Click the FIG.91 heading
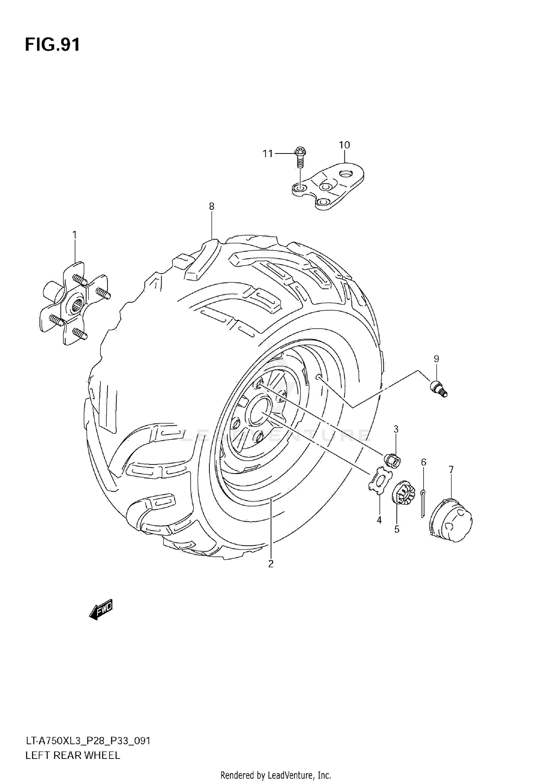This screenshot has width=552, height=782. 52,45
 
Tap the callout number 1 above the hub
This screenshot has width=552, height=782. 75,235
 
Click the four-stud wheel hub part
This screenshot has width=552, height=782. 74,304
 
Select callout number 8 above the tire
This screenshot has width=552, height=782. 212,206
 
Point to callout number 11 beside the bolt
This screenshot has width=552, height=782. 268,153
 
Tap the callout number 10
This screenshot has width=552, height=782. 344,145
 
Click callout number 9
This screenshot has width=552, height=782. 436,358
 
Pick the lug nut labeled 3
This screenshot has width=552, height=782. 392,460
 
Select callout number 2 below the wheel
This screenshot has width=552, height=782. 271,564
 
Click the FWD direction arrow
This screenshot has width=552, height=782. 101,611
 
